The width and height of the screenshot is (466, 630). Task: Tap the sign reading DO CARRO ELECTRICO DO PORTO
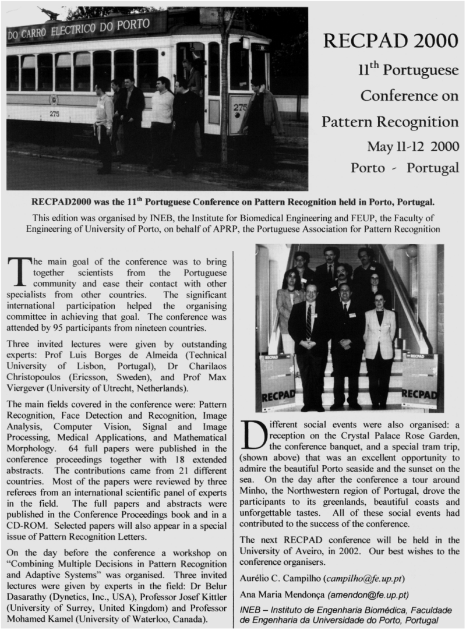86,27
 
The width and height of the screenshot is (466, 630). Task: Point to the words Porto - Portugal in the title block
404,168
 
